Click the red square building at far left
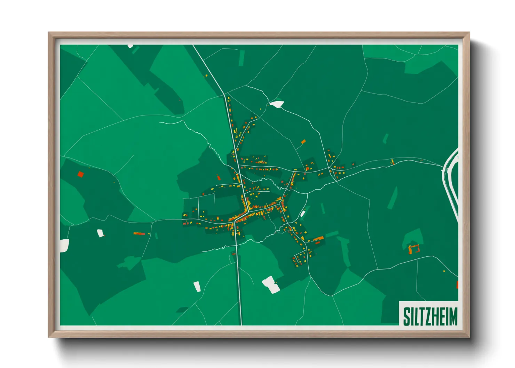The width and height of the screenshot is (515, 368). [x=81, y=174]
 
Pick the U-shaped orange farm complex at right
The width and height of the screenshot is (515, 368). [x=414, y=249]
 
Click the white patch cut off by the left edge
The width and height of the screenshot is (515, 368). [x=64, y=246]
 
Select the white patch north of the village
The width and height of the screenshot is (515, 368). [x=277, y=104]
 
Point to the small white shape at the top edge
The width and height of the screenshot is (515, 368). [x=130, y=46]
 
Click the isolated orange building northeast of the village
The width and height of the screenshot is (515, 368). [x=303, y=142]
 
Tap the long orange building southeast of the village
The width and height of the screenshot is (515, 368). [x=318, y=239]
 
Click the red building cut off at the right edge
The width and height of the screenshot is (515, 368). [x=457, y=285]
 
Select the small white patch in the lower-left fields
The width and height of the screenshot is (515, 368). [x=197, y=286]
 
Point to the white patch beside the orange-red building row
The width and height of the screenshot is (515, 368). [x=100, y=233]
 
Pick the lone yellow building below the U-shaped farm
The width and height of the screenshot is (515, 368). [x=444, y=271]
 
